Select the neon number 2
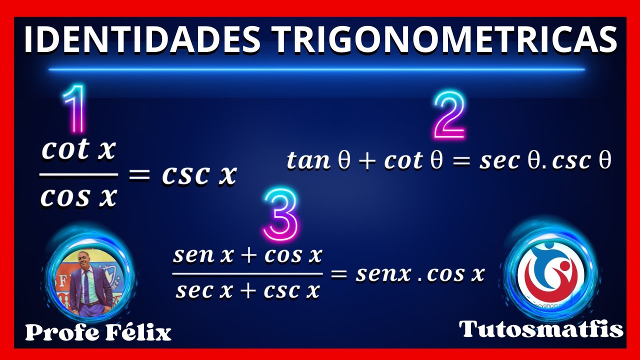click(x=449, y=115)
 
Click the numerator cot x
click(x=78, y=150)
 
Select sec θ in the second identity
click(x=510, y=160)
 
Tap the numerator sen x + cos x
click(x=247, y=255)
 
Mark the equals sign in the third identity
click(x=339, y=273)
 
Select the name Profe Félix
click(x=98, y=332)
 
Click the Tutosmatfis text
click(x=541, y=329)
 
